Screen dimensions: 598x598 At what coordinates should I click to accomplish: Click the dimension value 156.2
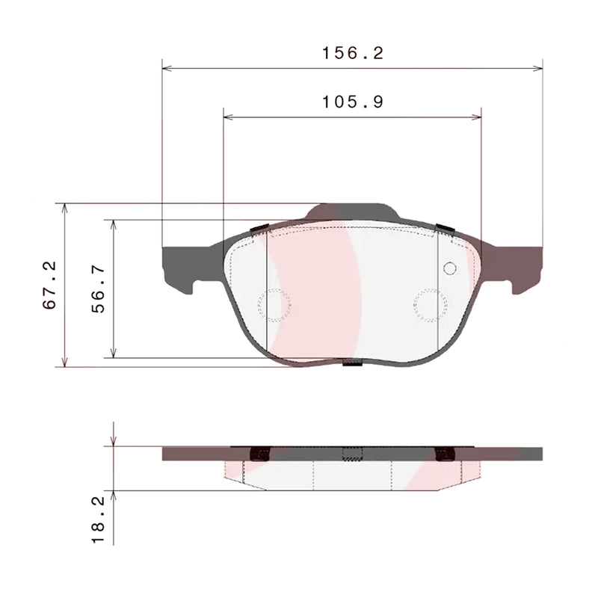tap(352, 53)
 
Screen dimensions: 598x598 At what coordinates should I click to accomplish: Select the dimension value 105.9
tap(352, 102)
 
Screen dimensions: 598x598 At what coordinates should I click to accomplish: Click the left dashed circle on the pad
tap(274, 304)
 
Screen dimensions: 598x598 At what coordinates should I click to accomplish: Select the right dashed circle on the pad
tap(431, 304)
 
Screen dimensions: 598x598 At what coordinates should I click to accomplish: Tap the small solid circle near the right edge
tap(449, 268)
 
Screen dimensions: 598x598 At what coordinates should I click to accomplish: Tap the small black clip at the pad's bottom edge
tap(352, 365)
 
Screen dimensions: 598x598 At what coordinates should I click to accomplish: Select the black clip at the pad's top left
tap(260, 228)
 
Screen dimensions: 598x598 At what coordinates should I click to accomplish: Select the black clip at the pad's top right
tap(446, 228)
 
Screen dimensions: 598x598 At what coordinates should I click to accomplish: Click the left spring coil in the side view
tap(260, 453)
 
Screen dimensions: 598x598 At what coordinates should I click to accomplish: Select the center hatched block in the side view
tap(352, 453)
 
